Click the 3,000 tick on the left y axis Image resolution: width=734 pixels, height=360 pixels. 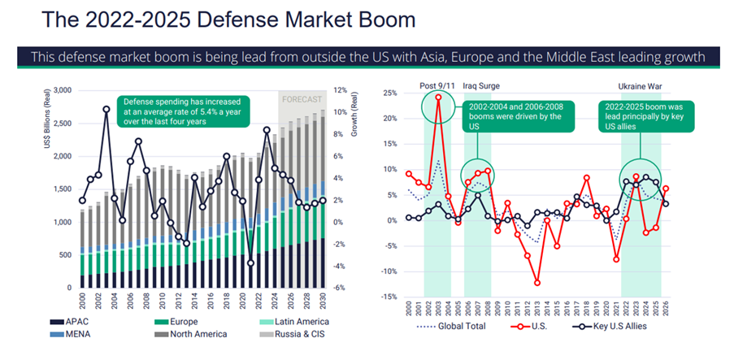pyautogui.click(x=61, y=90)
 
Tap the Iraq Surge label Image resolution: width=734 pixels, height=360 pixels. pyautogui.click(x=481, y=85)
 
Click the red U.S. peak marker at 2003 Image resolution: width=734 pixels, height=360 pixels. pyautogui.click(x=439, y=98)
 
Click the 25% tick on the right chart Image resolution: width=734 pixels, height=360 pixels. pyautogui.click(x=390, y=93)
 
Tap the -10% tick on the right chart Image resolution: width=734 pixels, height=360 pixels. pyautogui.click(x=389, y=271)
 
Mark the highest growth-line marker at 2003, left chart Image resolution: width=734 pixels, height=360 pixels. pyautogui.click(x=106, y=109)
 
